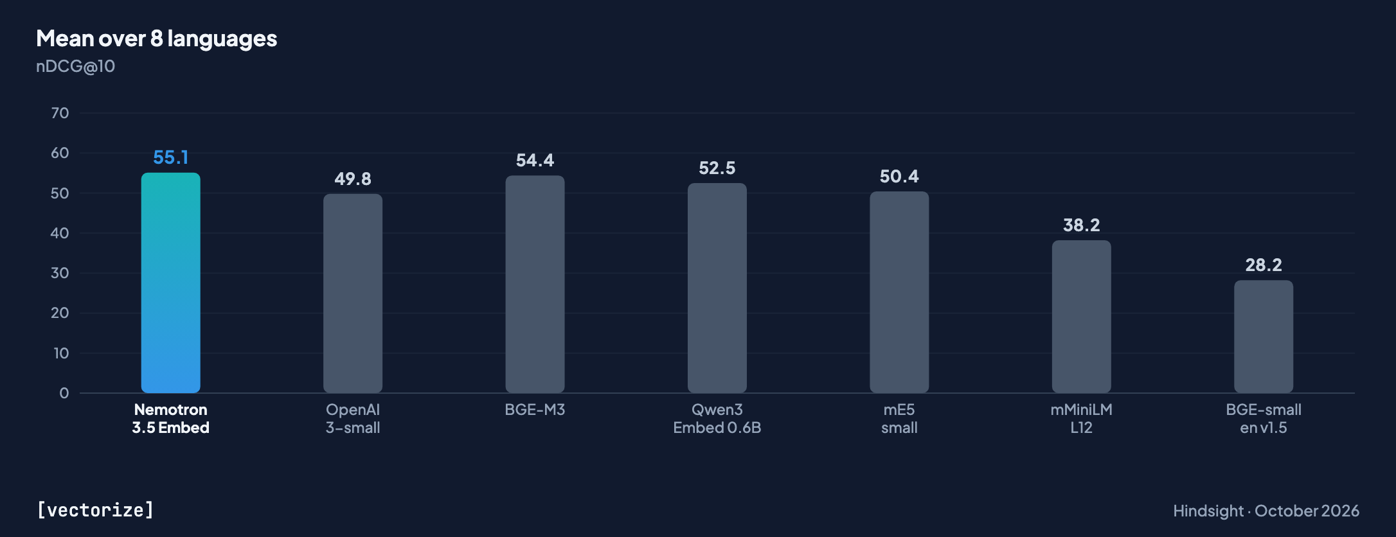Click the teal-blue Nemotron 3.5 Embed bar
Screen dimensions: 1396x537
[170, 283]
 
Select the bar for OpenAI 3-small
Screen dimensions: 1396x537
[353, 294]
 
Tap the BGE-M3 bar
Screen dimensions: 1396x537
[535, 285]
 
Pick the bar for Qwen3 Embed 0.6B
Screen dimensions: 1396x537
[717, 288]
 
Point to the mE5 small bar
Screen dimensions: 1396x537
[899, 292]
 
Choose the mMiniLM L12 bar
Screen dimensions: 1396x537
[1081, 317]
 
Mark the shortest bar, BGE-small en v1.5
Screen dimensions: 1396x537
[1264, 337]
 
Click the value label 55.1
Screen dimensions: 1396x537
[170, 157]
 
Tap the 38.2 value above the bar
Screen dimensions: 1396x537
[1081, 225]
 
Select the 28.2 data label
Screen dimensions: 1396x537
[1264, 265]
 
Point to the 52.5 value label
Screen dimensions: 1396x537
[717, 168]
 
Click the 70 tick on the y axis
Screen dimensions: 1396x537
[60, 113]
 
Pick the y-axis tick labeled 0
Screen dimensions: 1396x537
[64, 393]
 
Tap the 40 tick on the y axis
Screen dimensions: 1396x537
[60, 233]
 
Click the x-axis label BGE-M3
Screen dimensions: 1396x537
[535, 410]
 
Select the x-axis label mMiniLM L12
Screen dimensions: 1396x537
[1081, 419]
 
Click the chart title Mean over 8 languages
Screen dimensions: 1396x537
[157, 39]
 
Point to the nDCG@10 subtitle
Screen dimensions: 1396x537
[75, 66]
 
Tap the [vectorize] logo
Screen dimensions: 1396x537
[95, 510]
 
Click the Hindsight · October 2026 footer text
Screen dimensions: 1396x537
[1266, 511]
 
